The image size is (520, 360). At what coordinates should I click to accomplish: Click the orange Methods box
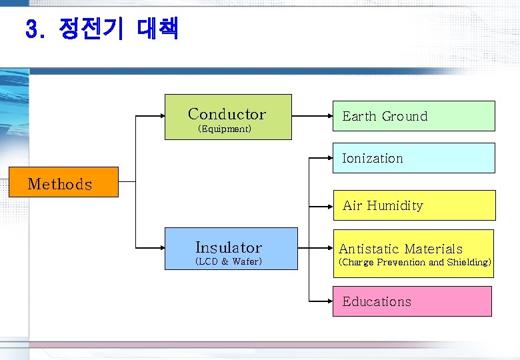[x=63, y=182]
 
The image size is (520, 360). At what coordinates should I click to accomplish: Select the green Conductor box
[x=228, y=117]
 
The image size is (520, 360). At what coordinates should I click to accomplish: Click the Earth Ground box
[x=414, y=116]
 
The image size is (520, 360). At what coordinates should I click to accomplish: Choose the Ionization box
[x=414, y=158]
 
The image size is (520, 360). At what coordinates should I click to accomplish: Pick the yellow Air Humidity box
[x=414, y=205]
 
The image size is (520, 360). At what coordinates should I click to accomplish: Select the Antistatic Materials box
[x=414, y=253]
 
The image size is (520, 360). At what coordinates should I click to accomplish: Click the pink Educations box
[x=412, y=301]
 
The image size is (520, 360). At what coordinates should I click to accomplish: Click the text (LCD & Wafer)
[x=228, y=261]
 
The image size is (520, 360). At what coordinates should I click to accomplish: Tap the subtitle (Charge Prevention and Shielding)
[x=415, y=263]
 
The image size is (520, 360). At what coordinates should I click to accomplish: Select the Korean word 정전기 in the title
[x=91, y=29]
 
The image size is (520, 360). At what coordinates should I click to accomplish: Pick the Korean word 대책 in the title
[x=157, y=29]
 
